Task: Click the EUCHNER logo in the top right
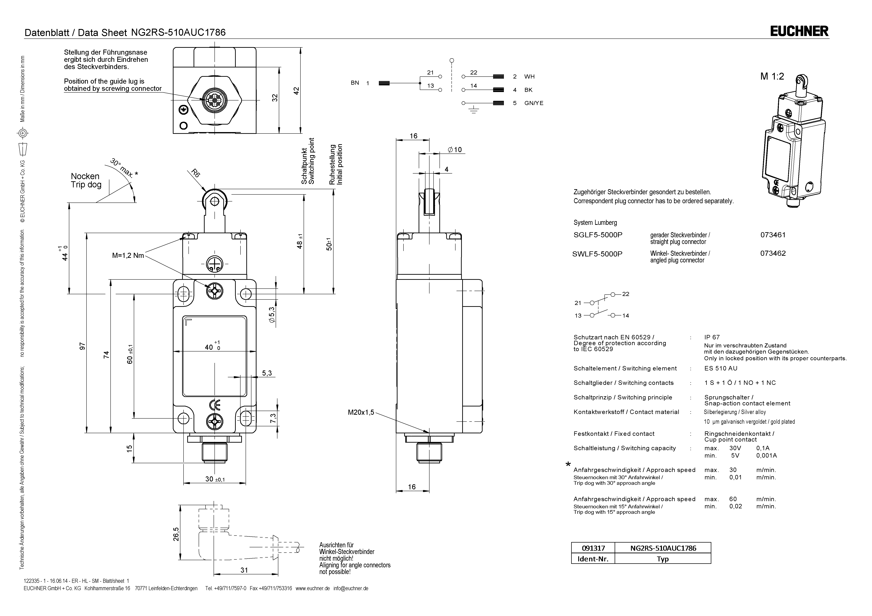(x=799, y=31)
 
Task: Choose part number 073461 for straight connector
(x=772, y=234)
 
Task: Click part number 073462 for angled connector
(x=772, y=253)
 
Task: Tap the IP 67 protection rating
(x=712, y=337)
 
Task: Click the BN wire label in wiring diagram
(x=355, y=83)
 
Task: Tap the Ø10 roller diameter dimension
(x=455, y=149)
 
